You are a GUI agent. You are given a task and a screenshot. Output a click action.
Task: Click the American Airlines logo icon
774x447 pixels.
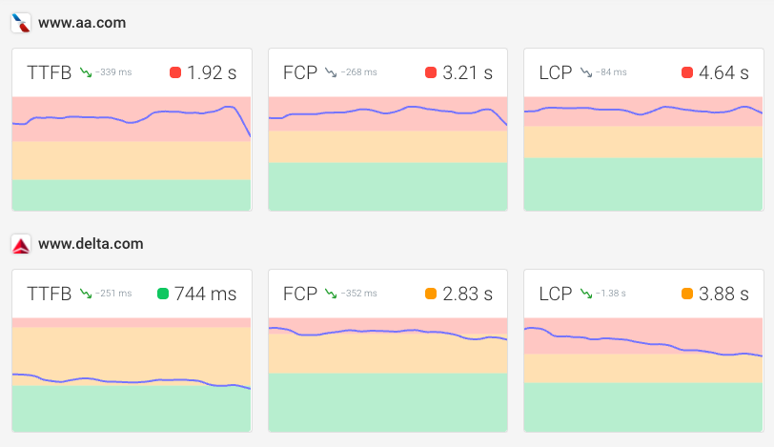point(21,22)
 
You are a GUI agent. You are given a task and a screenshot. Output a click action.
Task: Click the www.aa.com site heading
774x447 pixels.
point(82,22)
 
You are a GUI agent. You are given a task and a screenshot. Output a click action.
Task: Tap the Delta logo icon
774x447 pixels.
point(21,244)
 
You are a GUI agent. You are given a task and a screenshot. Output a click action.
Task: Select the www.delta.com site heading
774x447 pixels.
point(91,244)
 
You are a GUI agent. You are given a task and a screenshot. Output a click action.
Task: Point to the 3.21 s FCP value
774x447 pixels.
point(468,72)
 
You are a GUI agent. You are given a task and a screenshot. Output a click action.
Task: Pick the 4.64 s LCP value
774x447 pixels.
point(723,72)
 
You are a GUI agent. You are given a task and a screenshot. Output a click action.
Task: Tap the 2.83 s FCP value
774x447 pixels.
point(468,294)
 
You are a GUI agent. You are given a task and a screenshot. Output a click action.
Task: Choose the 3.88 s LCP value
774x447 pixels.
point(723,294)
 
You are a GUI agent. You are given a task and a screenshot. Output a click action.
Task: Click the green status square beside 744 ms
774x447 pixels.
point(162,294)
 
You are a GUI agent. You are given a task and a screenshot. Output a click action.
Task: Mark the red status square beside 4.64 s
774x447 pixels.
point(687,72)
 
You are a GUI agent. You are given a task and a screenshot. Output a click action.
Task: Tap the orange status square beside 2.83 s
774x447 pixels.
point(431,294)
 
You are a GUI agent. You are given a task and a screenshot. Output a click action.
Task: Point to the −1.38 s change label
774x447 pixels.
point(611,294)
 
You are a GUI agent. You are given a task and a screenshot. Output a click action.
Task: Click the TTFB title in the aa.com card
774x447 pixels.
point(50,72)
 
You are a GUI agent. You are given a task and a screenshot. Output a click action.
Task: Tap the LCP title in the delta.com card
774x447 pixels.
point(557,294)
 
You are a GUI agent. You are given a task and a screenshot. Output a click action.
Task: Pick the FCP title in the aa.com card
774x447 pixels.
point(300,72)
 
